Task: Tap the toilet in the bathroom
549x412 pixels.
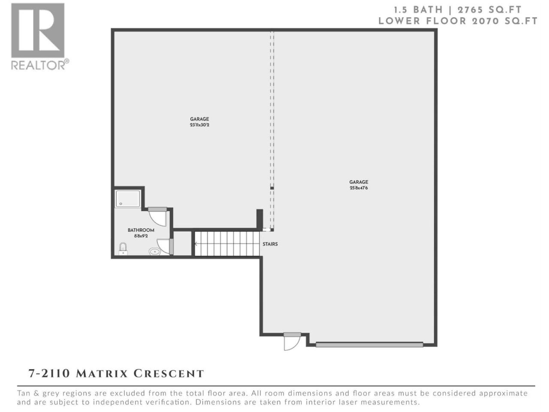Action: (123, 248)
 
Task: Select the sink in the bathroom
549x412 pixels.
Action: (155, 251)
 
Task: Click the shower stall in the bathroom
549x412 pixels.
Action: (127, 199)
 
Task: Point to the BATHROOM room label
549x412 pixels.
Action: (141, 230)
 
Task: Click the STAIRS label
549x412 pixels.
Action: (270, 244)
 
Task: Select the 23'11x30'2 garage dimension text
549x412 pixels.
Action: (199, 124)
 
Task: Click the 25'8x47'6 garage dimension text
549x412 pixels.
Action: (359, 188)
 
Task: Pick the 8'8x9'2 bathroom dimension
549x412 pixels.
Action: (141, 236)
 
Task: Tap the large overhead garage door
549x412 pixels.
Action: (369, 345)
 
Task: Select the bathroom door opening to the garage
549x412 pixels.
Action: (157, 216)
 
